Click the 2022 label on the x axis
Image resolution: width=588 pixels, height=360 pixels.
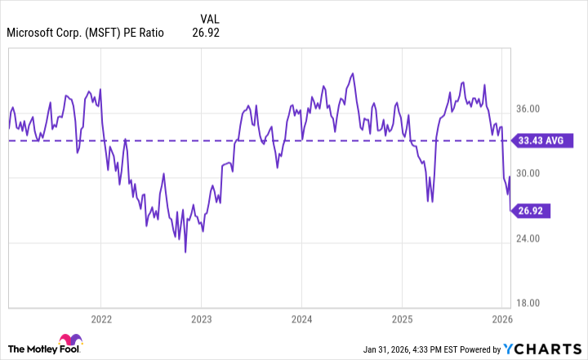[100, 318]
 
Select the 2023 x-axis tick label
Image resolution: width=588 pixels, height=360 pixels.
[202, 318]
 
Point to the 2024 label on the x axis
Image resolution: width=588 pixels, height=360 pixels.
[301, 318]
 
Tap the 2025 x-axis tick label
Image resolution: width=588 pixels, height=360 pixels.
[402, 318]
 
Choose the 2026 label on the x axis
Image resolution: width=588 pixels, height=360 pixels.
[502, 318]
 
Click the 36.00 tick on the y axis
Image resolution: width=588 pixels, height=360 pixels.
[528, 109]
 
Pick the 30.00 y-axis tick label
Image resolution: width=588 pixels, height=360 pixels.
[528, 173]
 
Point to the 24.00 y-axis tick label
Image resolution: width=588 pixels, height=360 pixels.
[528, 238]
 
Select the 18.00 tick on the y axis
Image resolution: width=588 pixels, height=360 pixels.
[528, 303]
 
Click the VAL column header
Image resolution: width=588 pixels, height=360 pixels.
[210, 17]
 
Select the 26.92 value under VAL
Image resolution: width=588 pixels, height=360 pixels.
[206, 33]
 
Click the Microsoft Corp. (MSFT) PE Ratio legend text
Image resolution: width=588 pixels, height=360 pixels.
[85, 33]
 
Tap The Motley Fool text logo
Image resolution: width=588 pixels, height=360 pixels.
[30, 346]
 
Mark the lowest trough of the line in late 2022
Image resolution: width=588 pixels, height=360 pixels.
[185, 252]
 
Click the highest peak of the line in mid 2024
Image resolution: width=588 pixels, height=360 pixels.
[352, 73]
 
